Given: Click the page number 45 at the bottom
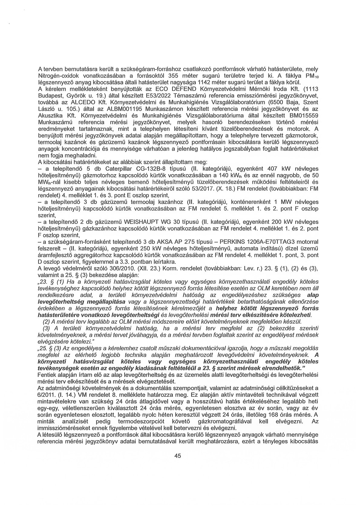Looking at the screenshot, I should [178, 465].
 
